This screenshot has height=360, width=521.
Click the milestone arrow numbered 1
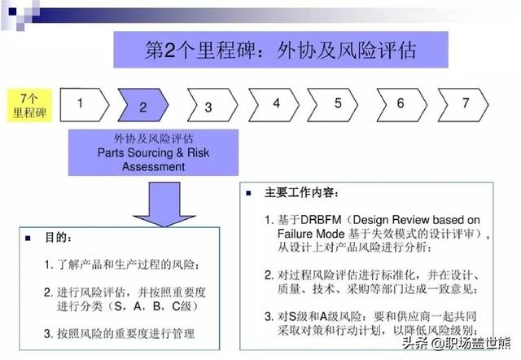[81, 103]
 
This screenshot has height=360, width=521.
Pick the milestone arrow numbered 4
[276, 103]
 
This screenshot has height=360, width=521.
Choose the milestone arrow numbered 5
[338, 103]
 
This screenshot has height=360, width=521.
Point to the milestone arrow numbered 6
[401, 103]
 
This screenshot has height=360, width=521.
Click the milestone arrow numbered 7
[464, 103]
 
